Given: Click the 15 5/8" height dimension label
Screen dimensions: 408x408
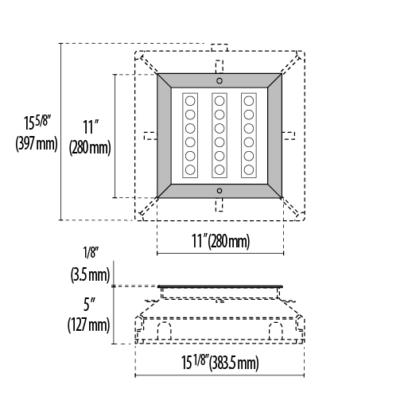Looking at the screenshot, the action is click(37, 122).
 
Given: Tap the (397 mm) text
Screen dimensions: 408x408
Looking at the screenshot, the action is click(37, 144).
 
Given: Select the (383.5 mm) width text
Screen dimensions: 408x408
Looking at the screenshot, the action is click(234, 363).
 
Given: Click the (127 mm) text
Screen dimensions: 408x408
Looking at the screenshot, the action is click(89, 324).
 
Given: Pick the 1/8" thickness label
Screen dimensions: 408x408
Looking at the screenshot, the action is click(91, 252).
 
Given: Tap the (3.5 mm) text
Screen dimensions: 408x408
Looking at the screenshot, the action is click(90, 274).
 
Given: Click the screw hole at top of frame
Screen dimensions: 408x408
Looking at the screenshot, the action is click(220, 80).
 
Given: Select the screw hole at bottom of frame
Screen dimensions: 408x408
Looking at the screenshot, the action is click(220, 191).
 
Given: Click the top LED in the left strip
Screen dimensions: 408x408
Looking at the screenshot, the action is click(190, 101).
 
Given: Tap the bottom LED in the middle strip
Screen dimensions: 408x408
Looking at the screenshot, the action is click(220, 169).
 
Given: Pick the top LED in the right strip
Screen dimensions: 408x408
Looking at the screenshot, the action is click(249, 101).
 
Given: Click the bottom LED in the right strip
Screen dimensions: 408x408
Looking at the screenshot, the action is click(249, 169).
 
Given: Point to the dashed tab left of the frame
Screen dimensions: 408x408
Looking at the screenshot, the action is click(150, 136).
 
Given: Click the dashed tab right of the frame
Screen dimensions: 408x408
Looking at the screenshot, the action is click(288, 136).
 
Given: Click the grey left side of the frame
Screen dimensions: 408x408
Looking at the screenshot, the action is click(164, 136).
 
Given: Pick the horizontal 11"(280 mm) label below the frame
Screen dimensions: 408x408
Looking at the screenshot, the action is click(220, 241).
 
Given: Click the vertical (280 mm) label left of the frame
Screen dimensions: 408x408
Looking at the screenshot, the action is click(90, 148).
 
